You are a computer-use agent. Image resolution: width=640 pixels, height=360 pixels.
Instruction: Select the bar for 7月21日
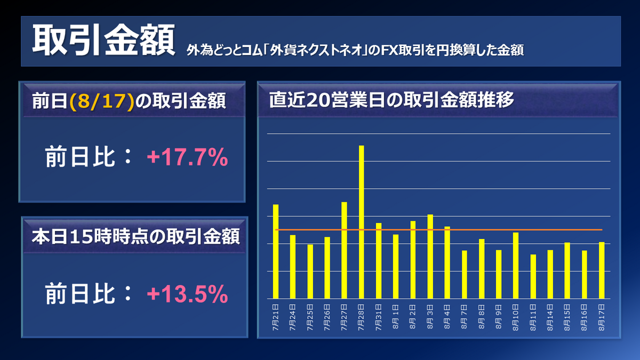tap(276, 251)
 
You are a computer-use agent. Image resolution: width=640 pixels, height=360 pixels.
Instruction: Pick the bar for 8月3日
tap(430, 256)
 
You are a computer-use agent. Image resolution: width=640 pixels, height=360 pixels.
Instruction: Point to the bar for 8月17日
tap(602, 270)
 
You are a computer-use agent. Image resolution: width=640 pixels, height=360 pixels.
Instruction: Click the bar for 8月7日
tap(465, 274)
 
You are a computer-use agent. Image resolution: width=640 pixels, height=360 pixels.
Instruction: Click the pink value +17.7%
tap(187, 158)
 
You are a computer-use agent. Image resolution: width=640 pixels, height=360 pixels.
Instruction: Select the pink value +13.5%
tap(187, 294)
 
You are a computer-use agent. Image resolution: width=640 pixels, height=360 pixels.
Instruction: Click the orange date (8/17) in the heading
tap(101, 101)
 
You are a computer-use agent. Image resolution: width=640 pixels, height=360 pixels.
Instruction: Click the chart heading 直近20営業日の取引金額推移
tap(391, 100)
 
